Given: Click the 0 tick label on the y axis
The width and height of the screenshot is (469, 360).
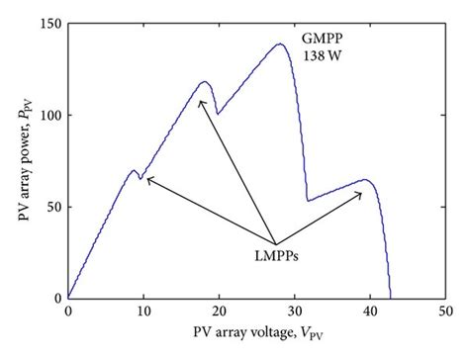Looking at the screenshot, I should (54, 298).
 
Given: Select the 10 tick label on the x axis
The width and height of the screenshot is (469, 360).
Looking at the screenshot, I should (143, 312).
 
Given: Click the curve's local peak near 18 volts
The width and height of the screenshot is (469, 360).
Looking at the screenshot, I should (205, 82).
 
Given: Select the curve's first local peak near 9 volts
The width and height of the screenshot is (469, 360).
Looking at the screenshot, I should (134, 170).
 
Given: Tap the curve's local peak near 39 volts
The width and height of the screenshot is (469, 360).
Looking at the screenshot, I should (364, 180).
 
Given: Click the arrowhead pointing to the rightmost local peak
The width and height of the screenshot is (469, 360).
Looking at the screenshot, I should (360, 194).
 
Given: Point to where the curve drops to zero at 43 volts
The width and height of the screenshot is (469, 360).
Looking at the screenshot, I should (391, 297).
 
